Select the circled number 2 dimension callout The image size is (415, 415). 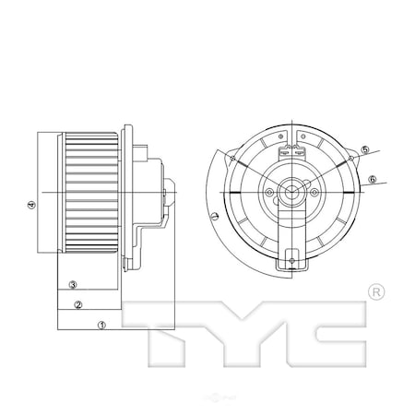79,305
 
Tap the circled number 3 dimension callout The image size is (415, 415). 73,285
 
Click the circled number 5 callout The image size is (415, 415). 364,150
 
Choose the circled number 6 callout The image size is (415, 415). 372,179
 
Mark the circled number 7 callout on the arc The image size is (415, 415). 214,219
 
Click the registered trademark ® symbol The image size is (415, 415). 374,292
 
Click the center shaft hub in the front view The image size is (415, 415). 291,193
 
